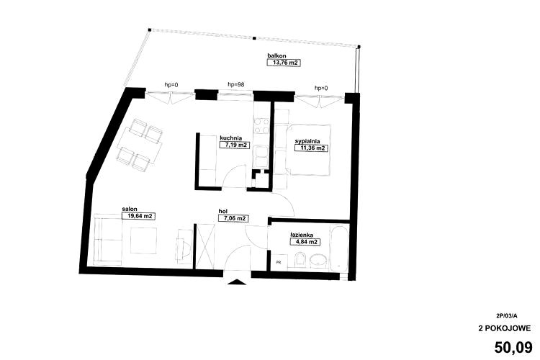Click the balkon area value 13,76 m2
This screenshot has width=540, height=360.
284,63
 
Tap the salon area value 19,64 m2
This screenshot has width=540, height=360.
138,216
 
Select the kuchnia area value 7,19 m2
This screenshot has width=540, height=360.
235,145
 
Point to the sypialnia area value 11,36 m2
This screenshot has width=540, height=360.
311,148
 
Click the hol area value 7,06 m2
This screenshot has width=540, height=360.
233,218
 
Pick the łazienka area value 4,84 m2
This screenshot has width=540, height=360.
305,242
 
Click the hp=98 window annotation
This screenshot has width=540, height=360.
236,84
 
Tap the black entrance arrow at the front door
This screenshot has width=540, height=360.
238,282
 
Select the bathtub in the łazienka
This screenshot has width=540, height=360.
339,248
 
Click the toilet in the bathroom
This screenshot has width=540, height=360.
300,260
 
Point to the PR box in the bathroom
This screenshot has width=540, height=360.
279,262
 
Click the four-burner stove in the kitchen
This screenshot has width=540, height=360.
261,125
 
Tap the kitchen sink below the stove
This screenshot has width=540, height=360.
261,157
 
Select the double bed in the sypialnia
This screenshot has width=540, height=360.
309,150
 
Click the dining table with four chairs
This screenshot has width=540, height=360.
140,145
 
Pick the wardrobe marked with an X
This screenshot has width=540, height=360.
205,246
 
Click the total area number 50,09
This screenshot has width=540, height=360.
513,347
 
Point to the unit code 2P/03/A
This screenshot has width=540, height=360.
507,315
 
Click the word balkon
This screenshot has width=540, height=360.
276,55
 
